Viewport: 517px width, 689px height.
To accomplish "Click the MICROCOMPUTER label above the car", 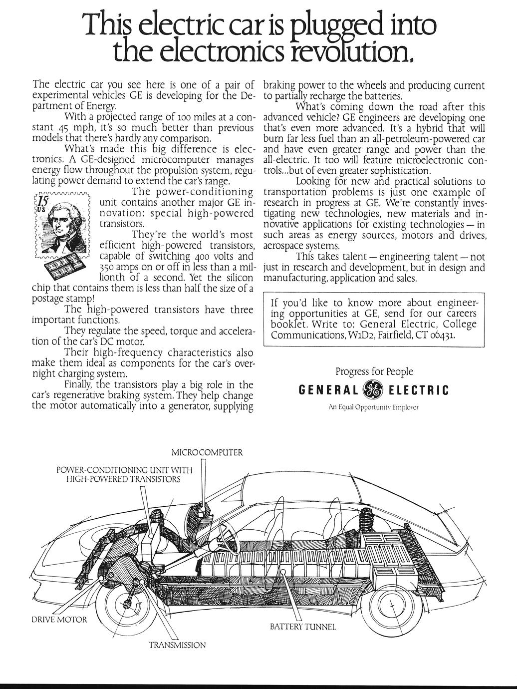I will (207, 453).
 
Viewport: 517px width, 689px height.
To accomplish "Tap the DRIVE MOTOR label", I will (56, 620).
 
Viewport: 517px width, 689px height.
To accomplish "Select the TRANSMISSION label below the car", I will (177, 645).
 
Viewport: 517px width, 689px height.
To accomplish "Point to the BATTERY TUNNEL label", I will (303, 627).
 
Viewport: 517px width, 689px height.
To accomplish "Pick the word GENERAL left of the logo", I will (328, 390).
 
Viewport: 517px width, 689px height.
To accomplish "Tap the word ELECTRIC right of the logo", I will (418, 390).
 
